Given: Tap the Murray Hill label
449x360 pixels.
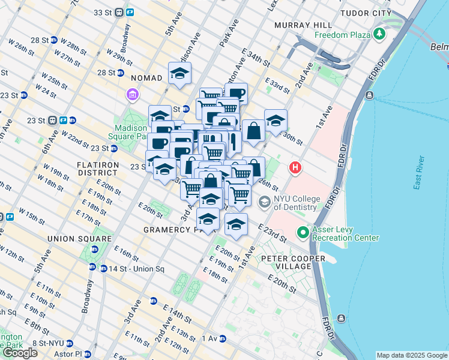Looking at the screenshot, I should coord(303,25).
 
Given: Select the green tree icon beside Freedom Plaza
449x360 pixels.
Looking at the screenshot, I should coord(379,35).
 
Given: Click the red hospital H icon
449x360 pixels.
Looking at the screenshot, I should coord(295,169).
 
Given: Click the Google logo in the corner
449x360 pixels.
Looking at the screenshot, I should coord(20,353).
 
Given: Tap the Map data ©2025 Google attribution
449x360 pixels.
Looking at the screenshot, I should coord(412,355).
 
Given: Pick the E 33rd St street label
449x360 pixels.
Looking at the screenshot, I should coord(277,85).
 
